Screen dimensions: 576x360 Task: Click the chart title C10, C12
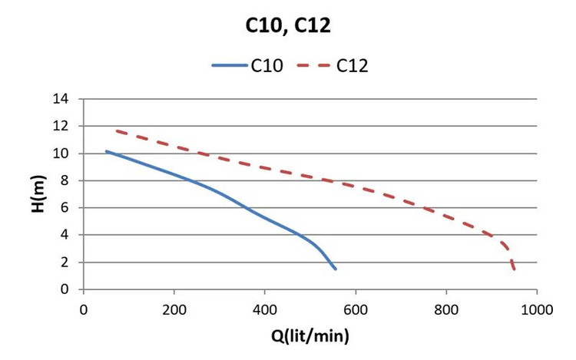288,25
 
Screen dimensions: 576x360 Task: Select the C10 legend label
267,66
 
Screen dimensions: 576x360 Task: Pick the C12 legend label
353,66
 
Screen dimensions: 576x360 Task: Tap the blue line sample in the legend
230,66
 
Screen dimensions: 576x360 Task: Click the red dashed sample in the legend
314,66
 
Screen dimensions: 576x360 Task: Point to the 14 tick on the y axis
61,99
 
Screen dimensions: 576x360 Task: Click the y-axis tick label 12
61,126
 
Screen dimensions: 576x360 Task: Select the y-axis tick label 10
61,154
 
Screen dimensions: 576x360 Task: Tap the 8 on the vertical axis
65,180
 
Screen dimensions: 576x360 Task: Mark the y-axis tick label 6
65,208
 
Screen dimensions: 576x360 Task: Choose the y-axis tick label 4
65,235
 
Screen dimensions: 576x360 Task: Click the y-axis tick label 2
65,263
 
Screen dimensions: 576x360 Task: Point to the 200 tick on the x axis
174,310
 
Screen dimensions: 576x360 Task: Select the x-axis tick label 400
265,310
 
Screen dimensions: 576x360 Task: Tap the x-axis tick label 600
356,310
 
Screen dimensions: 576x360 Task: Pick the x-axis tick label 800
446,310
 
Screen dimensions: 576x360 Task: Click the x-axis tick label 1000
537,310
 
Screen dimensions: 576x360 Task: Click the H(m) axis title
38,193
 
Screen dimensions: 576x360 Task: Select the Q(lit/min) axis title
310,336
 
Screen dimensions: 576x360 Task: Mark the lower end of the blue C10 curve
335,269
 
